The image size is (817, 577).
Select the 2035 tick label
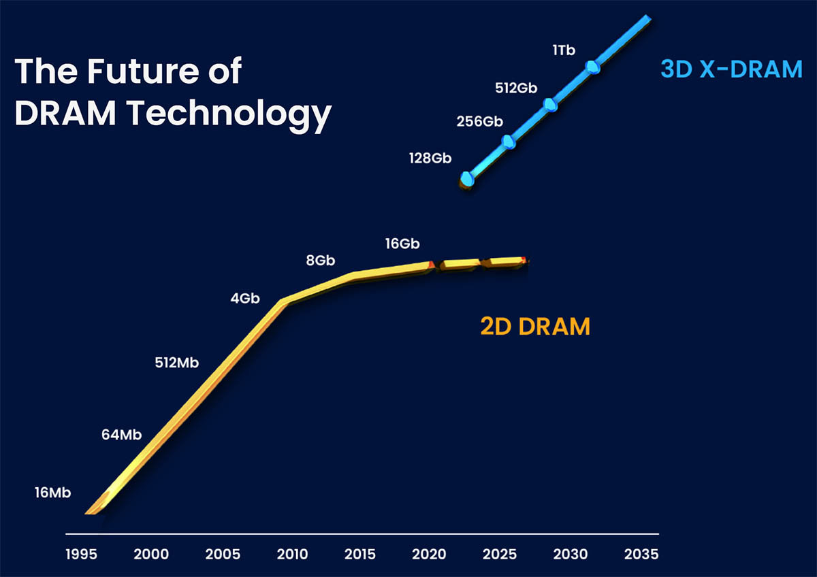click(641, 554)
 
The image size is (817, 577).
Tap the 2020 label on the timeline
click(430, 554)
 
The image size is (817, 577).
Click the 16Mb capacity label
click(52, 493)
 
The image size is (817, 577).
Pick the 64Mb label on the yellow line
click(121, 434)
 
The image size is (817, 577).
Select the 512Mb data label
click(177, 363)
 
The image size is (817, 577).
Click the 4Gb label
click(245, 299)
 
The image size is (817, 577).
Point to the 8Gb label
click(319, 261)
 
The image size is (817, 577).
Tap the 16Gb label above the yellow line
click(402, 244)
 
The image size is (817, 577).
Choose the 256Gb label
click(479, 122)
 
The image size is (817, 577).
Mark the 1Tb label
click(564, 50)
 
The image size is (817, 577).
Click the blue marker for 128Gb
click(467, 179)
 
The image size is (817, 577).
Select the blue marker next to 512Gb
click(550, 104)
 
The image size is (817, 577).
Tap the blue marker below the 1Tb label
click(592, 67)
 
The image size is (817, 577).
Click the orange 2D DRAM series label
click(535, 327)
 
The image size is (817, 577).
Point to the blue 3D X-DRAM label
click(731, 69)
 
